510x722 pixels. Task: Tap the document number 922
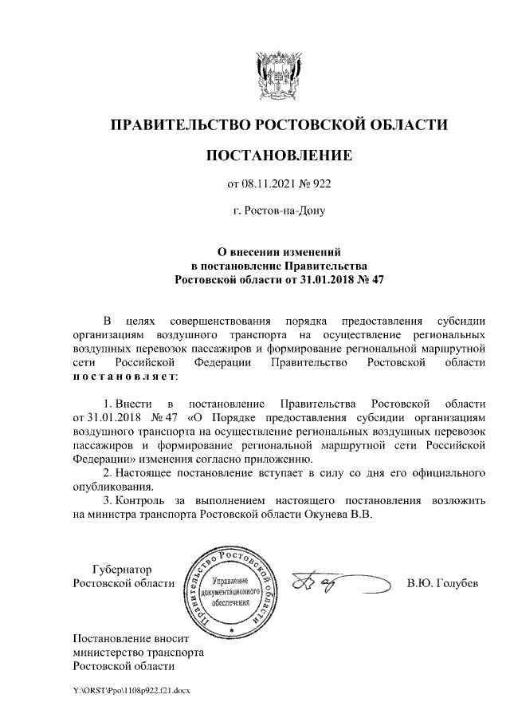[320, 184]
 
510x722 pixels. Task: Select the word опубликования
[112, 487]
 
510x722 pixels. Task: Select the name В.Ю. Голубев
[441, 583]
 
